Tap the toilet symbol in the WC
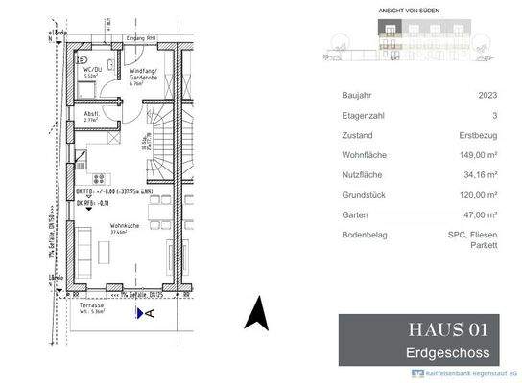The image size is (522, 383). click(x=80, y=92)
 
